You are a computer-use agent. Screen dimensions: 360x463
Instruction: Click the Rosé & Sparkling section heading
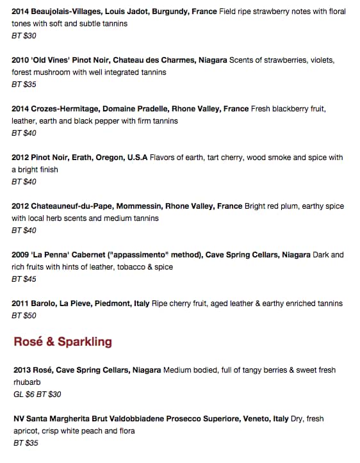point(63,341)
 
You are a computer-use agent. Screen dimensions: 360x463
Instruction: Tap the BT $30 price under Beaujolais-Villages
point(24,36)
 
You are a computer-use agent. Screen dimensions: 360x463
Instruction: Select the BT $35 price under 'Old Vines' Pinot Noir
point(24,85)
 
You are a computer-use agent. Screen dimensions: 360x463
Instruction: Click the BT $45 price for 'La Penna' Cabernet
point(24,279)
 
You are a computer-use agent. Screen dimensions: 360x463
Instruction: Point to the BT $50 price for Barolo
point(24,316)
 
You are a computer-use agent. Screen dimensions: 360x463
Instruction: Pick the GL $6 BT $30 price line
point(37,394)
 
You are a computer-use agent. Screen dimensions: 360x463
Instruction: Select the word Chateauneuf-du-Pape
point(70,206)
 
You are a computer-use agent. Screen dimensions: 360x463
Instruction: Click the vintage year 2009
point(20,255)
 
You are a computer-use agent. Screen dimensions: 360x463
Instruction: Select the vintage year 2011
point(20,304)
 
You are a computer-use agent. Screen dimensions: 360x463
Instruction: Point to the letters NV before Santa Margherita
point(18,419)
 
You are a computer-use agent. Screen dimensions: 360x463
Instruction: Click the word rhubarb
point(26,382)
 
